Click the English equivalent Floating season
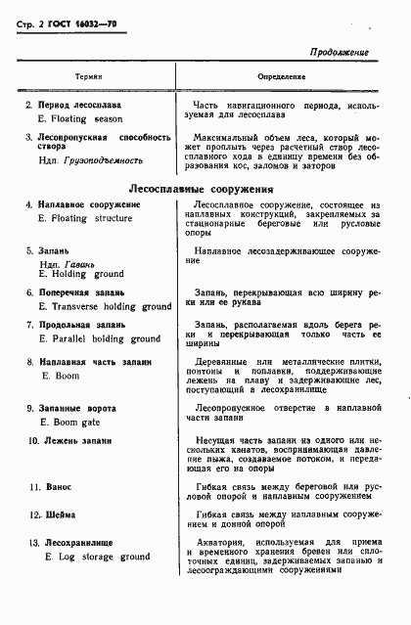(x=83, y=117)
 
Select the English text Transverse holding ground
(x=111, y=306)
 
